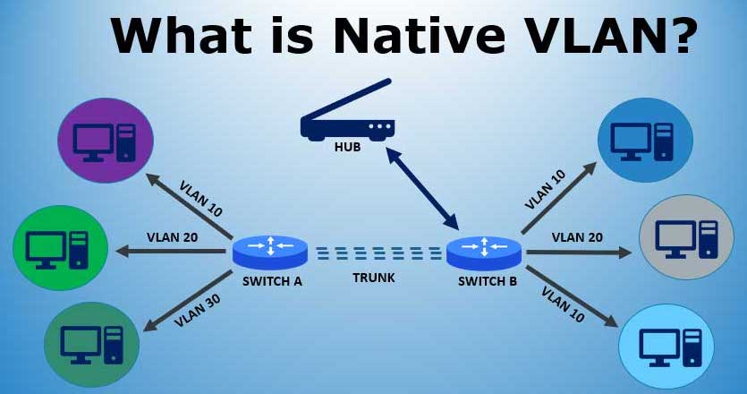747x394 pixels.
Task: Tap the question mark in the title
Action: [x=680, y=35]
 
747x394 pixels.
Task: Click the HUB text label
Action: [x=347, y=147]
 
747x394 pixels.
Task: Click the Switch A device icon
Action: [x=269, y=253]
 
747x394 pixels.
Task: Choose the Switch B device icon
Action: [x=484, y=253]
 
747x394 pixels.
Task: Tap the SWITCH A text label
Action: [x=272, y=281]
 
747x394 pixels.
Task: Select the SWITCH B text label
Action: [x=488, y=281]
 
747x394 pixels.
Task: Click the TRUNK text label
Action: [x=374, y=278]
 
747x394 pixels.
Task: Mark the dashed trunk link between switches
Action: [x=378, y=253]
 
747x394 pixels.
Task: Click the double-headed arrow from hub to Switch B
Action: [x=422, y=188]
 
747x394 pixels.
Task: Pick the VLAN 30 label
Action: [x=197, y=310]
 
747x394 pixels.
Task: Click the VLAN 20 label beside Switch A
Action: [x=172, y=237]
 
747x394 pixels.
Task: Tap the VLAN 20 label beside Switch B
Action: [x=577, y=237]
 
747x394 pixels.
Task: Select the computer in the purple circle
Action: [x=105, y=142]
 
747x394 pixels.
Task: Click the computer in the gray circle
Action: [x=686, y=239]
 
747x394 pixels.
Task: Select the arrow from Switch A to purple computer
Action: [x=189, y=206]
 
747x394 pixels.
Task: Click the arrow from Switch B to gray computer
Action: [x=579, y=253]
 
